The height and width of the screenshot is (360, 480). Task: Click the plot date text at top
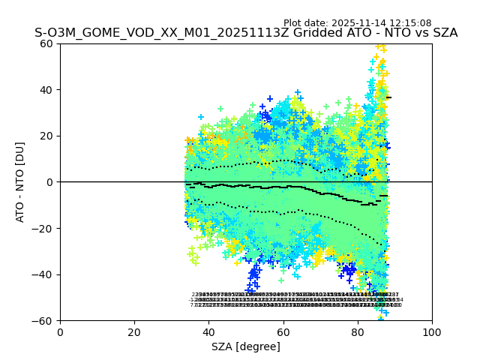[x=357, y=23]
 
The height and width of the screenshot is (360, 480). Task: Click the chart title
[x=246, y=34]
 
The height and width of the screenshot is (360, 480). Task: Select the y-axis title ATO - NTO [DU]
[x=20, y=181]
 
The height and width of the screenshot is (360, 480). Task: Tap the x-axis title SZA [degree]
[x=246, y=346]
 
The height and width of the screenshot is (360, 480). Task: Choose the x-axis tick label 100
[x=432, y=332]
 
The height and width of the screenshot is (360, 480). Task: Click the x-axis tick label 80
[x=358, y=332]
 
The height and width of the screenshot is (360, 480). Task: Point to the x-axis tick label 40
[x=208, y=332]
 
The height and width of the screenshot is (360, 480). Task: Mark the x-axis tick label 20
[x=134, y=332]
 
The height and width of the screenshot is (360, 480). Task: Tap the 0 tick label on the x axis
[x=60, y=332]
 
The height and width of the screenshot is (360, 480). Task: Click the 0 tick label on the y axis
[x=51, y=182]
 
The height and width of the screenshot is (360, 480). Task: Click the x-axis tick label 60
[x=283, y=332]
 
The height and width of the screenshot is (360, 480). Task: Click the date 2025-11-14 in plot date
[x=364, y=23]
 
